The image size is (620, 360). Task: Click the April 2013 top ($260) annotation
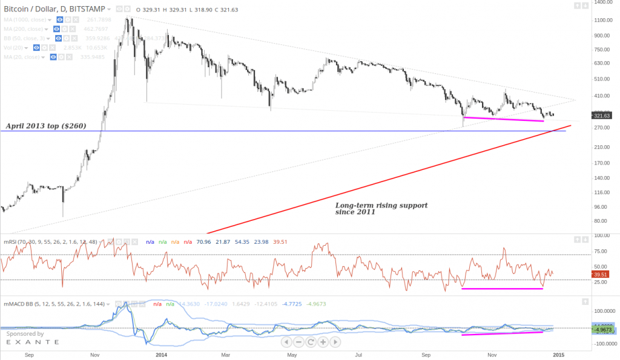coord(46,126)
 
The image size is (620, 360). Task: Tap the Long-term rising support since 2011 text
coord(381,209)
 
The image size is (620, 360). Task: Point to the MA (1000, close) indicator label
coord(27,19)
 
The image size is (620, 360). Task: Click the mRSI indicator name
coord(10,241)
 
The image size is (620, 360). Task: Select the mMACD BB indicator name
coord(18,304)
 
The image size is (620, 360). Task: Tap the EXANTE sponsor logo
coord(33,342)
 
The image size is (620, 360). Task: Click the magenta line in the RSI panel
coord(502,289)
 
